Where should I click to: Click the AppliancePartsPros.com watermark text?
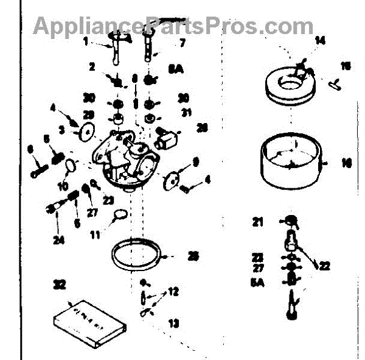173,26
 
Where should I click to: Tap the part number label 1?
86,42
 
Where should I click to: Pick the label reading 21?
258,223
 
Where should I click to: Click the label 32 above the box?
59,284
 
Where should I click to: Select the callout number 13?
174,323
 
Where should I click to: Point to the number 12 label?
174,292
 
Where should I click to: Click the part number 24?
58,239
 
